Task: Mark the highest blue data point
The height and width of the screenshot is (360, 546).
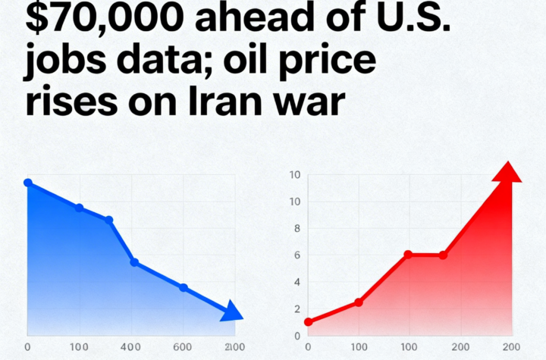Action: tap(28, 183)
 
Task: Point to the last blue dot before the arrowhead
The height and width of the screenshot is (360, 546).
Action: tap(183, 287)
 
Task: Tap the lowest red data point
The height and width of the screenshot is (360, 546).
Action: tap(308, 322)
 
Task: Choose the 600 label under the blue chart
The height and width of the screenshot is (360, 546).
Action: tap(183, 346)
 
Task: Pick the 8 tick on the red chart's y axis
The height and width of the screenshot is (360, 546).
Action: tap(297, 229)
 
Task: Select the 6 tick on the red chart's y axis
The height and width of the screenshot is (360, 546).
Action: tap(297, 255)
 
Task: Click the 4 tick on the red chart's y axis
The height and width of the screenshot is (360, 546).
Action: tap(297, 283)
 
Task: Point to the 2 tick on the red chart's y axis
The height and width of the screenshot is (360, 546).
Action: tap(297, 309)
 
